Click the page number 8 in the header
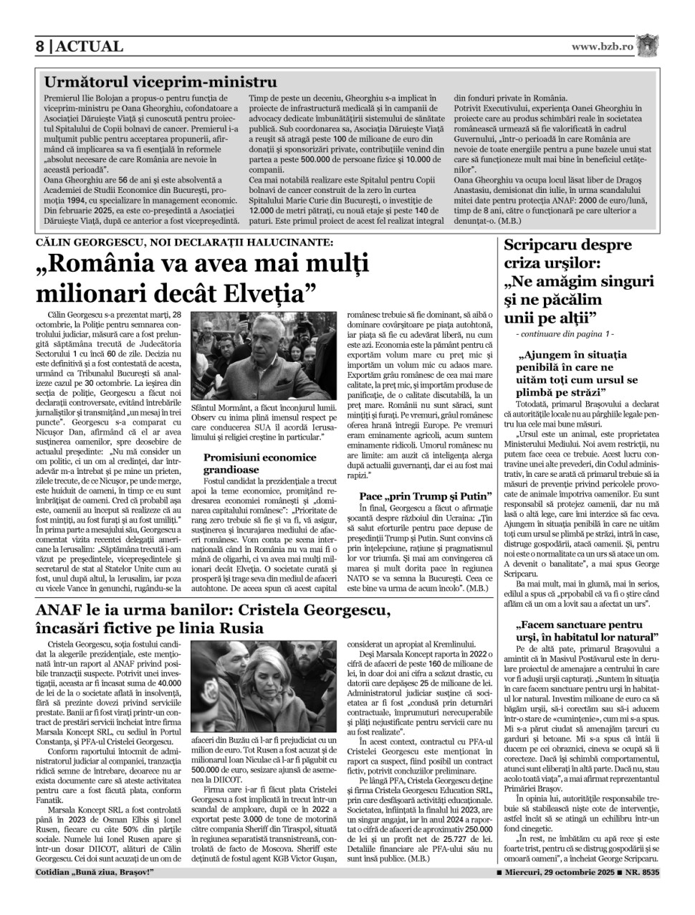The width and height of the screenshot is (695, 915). coord(41,47)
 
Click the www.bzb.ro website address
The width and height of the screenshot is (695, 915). coord(602,47)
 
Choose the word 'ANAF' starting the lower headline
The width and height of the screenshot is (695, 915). coord(62,610)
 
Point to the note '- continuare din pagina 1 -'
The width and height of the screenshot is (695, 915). coord(565,334)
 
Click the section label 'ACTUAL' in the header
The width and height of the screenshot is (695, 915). coord(89,47)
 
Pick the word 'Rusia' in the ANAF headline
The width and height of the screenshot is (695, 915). coord(241,629)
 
